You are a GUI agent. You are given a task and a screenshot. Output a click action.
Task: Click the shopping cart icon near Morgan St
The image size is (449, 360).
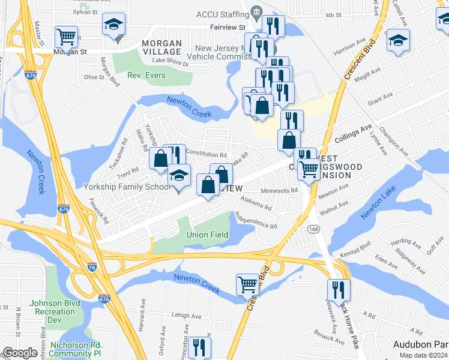pyautogui.click(x=66, y=37)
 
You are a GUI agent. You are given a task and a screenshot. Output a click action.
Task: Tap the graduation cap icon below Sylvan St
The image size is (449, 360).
pyautogui.click(x=113, y=25)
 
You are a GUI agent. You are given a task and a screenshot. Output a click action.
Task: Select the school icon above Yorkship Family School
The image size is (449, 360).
pyautogui.click(x=179, y=176)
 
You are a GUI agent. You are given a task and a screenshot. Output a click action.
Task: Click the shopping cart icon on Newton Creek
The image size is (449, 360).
pyautogui.click(x=247, y=284)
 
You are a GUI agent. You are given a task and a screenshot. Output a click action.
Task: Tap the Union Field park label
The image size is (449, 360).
pyautogui.click(x=207, y=234)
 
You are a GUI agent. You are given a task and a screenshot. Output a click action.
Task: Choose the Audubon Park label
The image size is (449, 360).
pyautogui.click(x=420, y=344)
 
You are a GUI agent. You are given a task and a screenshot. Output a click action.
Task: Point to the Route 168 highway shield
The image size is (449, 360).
pyautogui.click(x=313, y=229)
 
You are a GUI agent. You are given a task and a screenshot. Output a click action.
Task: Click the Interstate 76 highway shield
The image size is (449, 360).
pyautogui.click(x=92, y=267)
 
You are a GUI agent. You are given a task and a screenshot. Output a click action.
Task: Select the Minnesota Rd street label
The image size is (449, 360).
pyautogui.click(x=279, y=191)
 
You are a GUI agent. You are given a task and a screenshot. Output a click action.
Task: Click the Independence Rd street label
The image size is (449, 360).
pyautogui.click(x=256, y=221)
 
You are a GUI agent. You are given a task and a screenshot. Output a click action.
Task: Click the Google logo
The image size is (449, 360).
pyautogui.click(x=20, y=353)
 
